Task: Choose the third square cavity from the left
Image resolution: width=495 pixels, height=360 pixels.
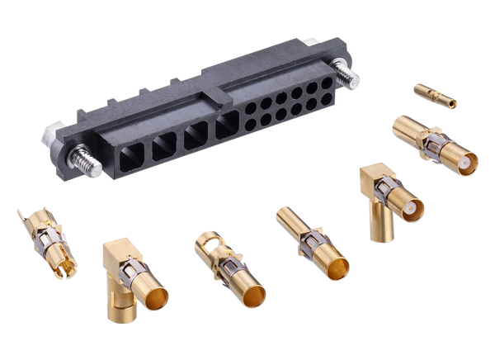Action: coord(196,135)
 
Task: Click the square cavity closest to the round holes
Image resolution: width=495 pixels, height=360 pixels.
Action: coord(228,126)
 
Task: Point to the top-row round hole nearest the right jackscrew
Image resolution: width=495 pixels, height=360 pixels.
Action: coord(325,84)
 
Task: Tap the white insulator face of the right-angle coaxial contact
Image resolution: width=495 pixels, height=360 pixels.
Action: coord(408,211)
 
